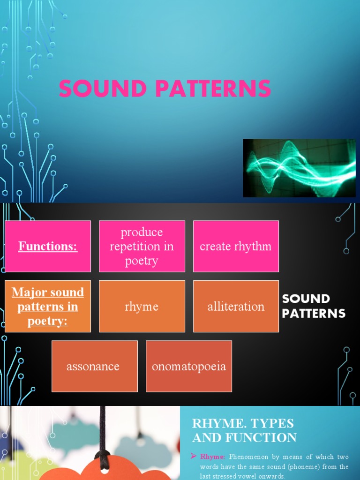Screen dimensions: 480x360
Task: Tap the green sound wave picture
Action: pos(299,168)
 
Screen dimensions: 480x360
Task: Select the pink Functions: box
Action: pos(48,246)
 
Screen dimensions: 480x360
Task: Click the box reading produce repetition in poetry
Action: pos(142,246)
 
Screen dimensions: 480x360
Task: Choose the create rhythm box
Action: pos(236,246)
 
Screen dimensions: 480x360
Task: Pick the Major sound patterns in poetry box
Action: pos(48,306)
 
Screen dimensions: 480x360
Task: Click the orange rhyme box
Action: pos(142,306)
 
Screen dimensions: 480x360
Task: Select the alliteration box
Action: pos(236,306)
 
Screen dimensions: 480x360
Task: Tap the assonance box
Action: pos(95,366)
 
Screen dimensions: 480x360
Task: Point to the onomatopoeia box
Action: pos(189,366)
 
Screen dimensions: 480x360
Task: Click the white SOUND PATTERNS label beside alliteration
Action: pos(314,306)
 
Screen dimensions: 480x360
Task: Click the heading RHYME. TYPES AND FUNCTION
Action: pos(244,430)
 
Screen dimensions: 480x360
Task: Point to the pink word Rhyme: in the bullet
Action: pos(213,457)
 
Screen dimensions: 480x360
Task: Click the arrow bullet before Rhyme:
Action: pos(193,456)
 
